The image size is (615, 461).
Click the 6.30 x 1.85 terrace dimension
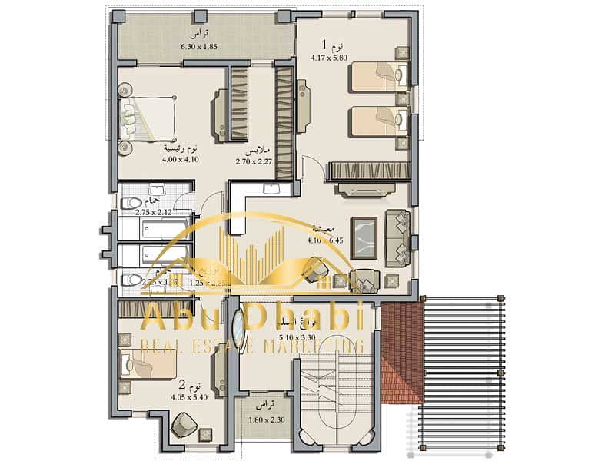pyautogui.click(x=199, y=46)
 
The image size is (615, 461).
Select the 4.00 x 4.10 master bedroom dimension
pyautogui.click(x=181, y=159)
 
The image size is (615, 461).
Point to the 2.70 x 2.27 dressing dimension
pyautogui.click(x=254, y=161)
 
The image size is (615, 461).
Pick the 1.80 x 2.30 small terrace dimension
pyautogui.click(x=266, y=420)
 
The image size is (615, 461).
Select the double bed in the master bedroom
pyautogui.click(x=148, y=118)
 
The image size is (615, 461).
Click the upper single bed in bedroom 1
pyautogui.click(x=377, y=77)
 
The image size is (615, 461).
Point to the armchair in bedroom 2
pyautogui.click(x=184, y=425)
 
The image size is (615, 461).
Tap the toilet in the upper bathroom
pyautogui.click(x=131, y=204)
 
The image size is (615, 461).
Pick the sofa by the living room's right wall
pyautogui.click(x=398, y=236)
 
